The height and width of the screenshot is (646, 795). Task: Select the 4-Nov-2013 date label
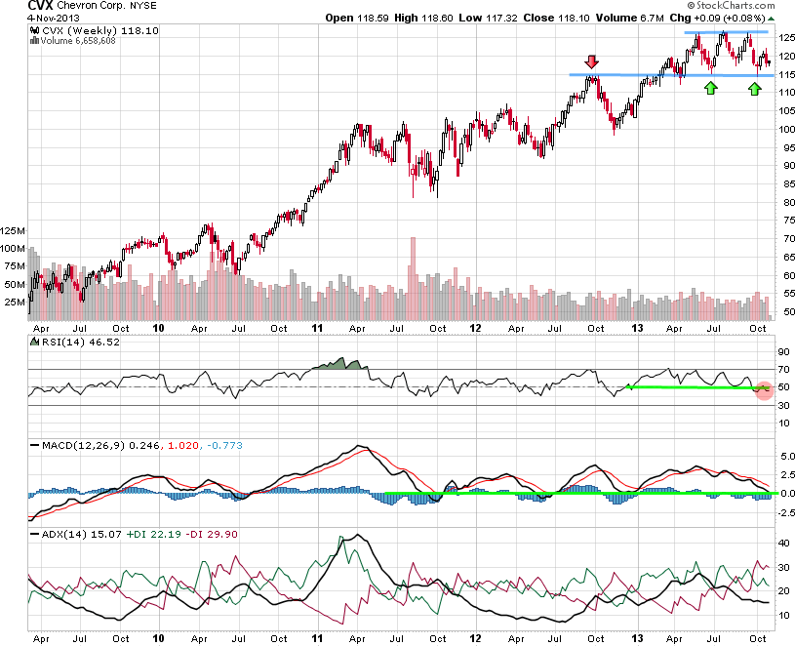pyautogui.click(x=28, y=19)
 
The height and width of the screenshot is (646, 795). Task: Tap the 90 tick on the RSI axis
pyautogui.click(x=782, y=351)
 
